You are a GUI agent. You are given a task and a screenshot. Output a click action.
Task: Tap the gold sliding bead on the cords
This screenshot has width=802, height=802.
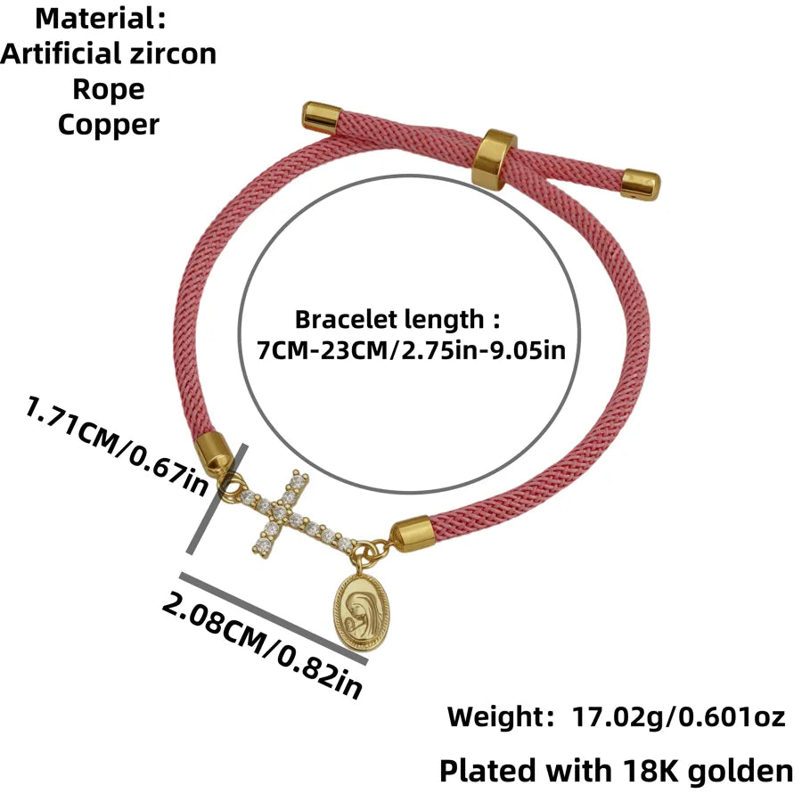coord(495,160)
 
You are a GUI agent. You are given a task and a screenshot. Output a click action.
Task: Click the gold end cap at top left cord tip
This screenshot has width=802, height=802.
coord(321,119)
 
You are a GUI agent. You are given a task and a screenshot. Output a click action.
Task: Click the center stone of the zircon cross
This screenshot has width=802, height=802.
coord(279,511)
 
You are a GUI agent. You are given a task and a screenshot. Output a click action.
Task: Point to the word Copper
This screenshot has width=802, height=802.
coord(109,126)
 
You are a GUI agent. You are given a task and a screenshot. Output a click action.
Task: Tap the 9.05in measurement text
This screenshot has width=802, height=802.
coord(528,350)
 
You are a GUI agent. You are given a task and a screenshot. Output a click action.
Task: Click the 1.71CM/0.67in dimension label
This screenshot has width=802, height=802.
coord(117,445)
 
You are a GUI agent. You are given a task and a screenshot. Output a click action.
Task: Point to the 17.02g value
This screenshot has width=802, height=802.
coord(617,716)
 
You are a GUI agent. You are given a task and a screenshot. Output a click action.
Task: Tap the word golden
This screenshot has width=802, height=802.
coord(740,772)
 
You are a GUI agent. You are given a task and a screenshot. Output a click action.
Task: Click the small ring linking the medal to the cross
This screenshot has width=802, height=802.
coord(363,554)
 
